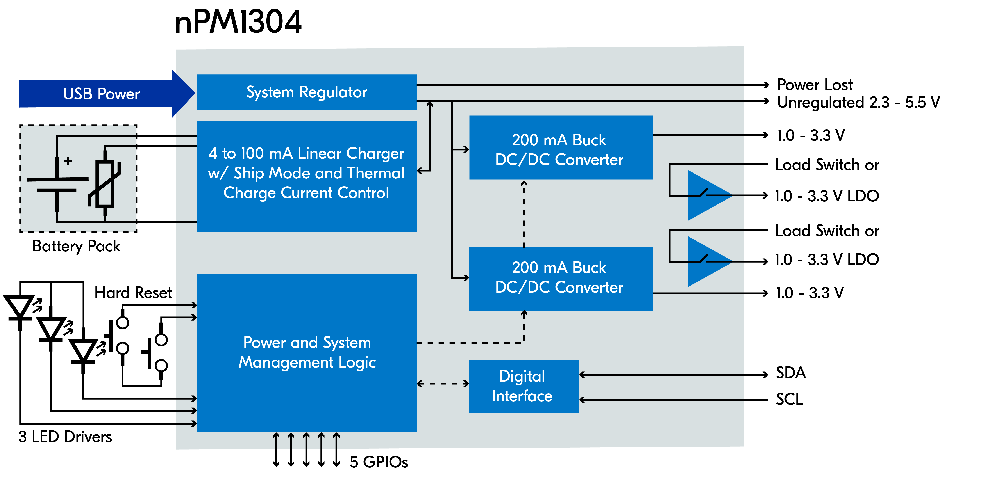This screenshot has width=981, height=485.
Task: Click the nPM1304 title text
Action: pos(238,22)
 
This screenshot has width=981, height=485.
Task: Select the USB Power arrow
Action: pos(101,94)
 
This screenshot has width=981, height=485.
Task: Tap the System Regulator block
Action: pos(307,92)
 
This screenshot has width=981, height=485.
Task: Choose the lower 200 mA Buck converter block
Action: pos(561,278)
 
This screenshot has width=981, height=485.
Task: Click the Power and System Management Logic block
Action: pos(307,352)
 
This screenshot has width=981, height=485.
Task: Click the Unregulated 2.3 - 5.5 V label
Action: pos(858,102)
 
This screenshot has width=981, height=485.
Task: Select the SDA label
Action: pos(791,373)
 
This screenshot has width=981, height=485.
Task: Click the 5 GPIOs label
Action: pos(379,462)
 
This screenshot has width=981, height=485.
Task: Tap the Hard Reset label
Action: pos(133,293)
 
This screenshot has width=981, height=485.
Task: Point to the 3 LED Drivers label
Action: pos(65,437)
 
